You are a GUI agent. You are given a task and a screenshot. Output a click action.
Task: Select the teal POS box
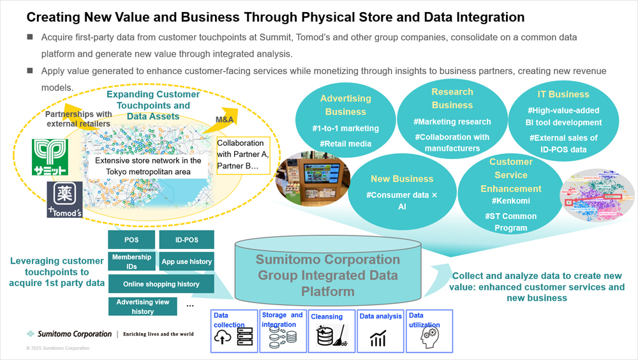click(131, 240)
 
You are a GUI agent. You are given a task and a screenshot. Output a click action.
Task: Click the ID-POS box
click(186, 240)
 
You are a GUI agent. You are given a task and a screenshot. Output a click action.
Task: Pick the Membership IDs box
click(131, 261)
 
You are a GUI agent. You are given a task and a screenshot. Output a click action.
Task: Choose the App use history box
click(186, 261)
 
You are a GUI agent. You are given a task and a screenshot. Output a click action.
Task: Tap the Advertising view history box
click(143, 306)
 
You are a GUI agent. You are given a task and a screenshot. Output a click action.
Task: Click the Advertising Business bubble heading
click(345, 105)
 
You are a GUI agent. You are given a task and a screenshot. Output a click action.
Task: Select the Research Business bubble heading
click(452, 98)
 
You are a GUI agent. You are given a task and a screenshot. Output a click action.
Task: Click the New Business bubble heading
click(402, 179)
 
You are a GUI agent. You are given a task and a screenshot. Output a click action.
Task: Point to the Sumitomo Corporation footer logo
click(69, 334)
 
